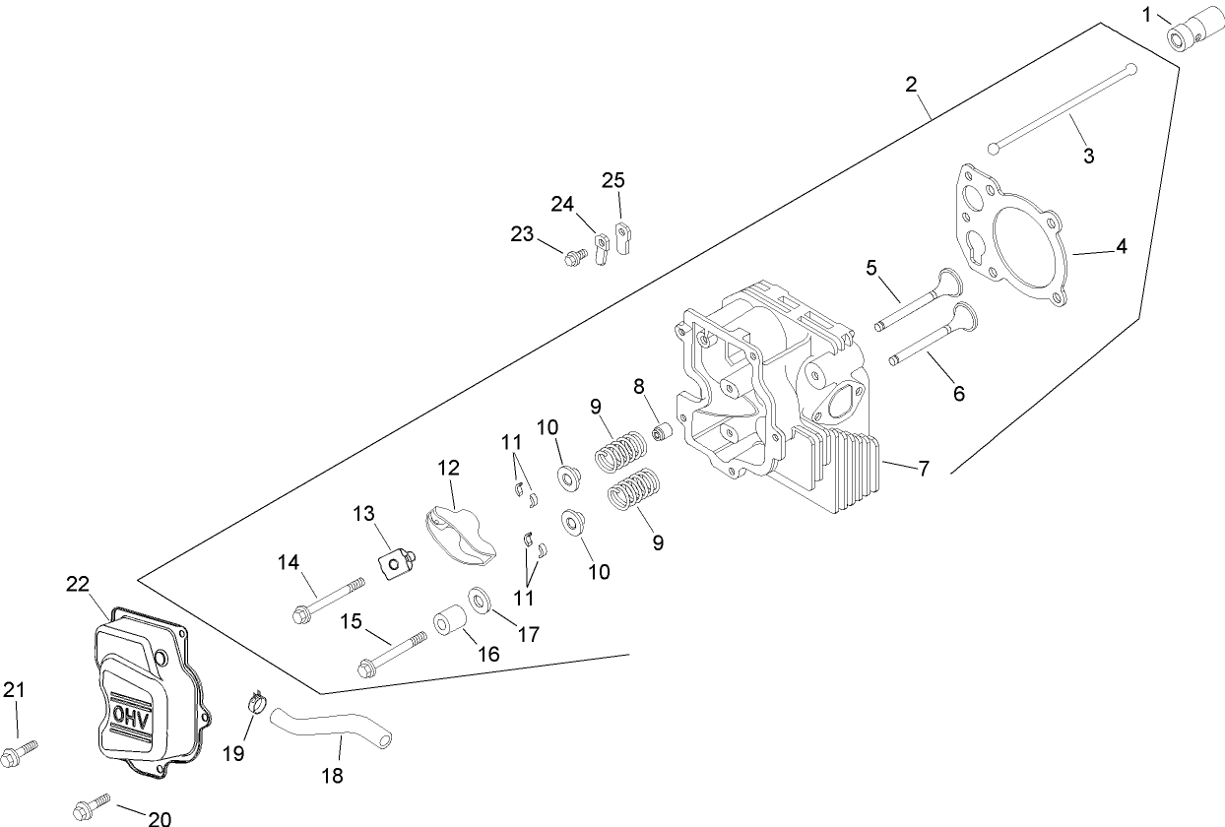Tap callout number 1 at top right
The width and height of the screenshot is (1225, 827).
[1146, 14]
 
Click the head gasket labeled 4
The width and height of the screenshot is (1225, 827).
[1014, 240]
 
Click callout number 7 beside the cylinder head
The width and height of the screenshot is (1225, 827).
[924, 469]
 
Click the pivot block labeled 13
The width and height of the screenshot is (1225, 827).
[395, 562]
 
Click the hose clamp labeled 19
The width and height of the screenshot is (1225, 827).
[257, 703]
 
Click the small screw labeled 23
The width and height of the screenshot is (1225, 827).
[571, 258]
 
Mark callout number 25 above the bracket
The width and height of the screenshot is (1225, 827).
[613, 180]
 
